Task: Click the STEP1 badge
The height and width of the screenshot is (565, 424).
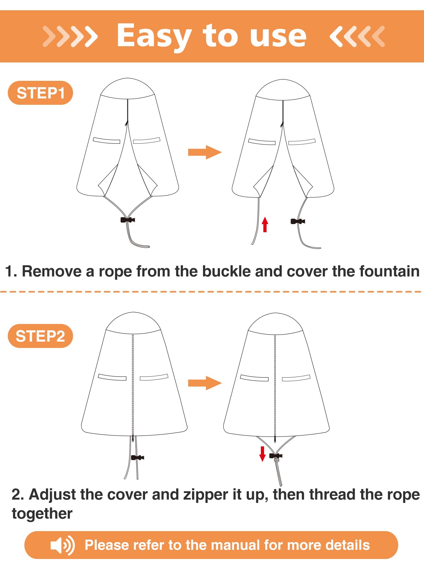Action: (40, 93)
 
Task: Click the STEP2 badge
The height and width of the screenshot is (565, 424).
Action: (40, 336)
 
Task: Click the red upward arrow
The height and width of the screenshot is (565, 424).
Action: (265, 224)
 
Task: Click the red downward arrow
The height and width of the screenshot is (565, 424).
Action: (262, 454)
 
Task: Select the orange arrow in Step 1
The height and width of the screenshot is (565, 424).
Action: (205, 152)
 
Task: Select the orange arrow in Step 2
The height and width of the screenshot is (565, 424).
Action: (205, 383)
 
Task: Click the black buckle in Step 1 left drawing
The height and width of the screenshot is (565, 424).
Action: (128, 220)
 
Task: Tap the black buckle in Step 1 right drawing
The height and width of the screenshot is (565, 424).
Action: (298, 221)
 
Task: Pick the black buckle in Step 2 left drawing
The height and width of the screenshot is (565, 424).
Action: (137, 457)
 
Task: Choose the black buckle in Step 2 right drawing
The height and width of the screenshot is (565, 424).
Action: (276, 456)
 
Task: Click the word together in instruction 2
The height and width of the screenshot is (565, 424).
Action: (42, 514)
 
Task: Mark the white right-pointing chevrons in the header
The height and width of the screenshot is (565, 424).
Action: (70, 36)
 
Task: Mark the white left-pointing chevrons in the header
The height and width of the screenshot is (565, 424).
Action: (357, 36)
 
